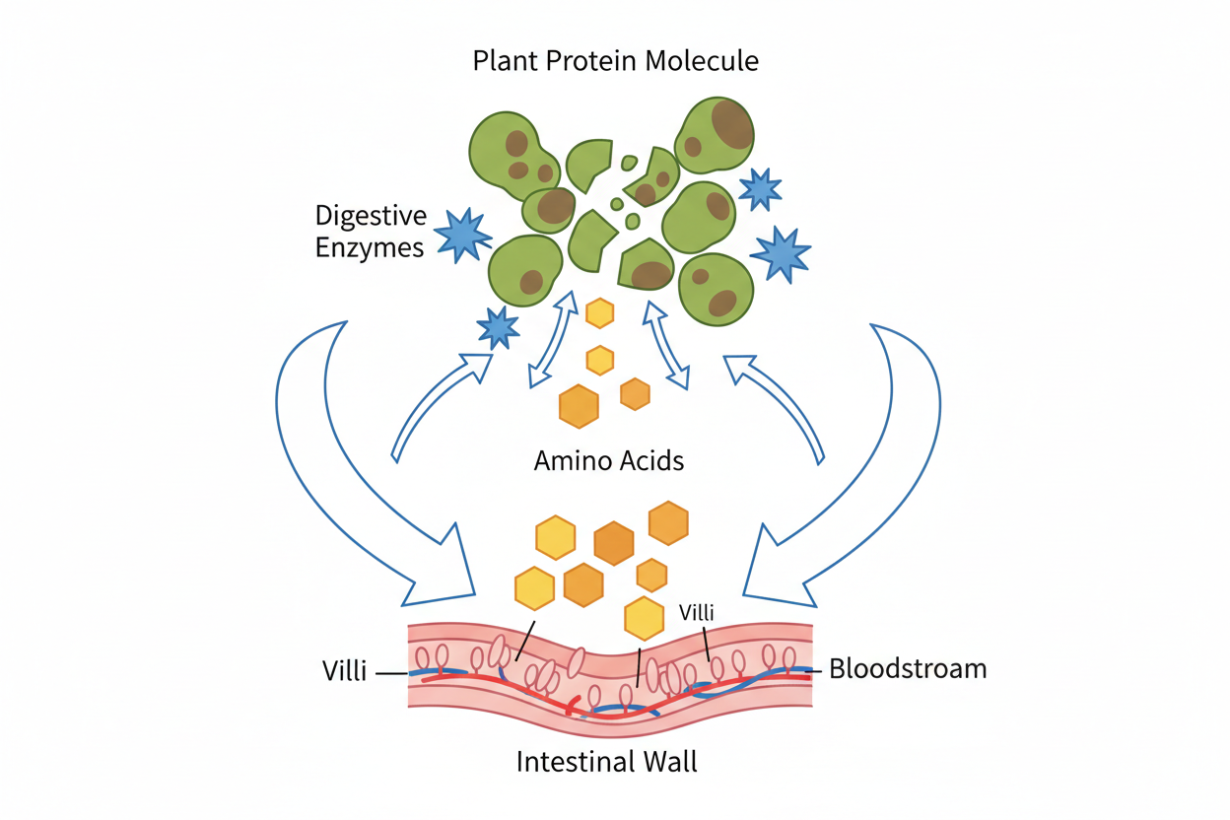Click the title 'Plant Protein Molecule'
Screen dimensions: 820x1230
[x=615, y=61]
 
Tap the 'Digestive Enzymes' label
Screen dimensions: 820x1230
[x=370, y=231]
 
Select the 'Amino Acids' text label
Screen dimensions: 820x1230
[x=608, y=460]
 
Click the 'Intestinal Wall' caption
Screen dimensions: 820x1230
[x=607, y=762]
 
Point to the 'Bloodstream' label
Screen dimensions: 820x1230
[x=907, y=669]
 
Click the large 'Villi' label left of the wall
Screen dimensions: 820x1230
[x=345, y=672]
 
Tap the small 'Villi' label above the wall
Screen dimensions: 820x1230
[x=695, y=612]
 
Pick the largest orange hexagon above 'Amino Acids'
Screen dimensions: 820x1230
[x=579, y=406]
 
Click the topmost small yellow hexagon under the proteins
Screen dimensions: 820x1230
[x=599, y=313]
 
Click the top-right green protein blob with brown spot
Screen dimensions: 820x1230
[x=716, y=135]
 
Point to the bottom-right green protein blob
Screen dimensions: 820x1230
[x=717, y=290]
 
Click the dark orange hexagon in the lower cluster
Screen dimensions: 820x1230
[x=614, y=543]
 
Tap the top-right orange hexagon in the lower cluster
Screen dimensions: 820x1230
[x=668, y=522]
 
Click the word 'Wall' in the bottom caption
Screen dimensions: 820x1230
[x=666, y=762]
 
